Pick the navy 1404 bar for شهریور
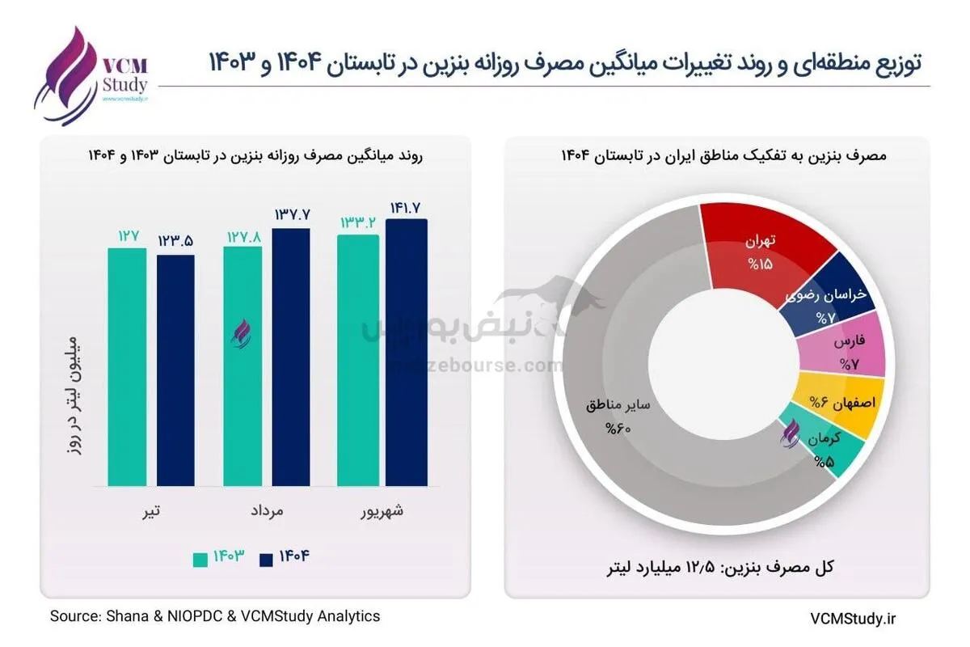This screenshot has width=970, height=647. point(406,352)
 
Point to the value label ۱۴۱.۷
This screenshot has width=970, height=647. point(405,208)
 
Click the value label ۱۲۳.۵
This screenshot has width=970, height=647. point(175,242)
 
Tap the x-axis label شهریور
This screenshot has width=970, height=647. point(381,511)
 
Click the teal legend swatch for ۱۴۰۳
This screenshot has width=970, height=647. point(200,559)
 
